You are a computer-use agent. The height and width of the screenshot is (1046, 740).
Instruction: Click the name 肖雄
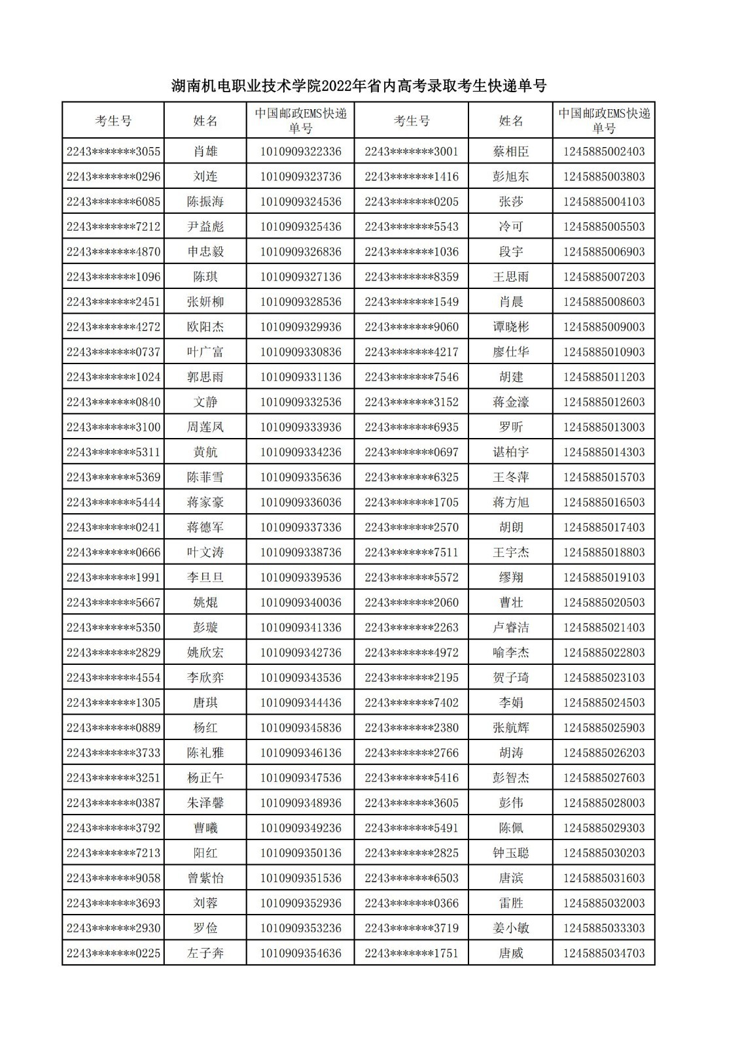click(205, 152)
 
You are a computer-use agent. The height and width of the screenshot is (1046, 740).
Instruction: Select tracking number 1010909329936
click(300, 327)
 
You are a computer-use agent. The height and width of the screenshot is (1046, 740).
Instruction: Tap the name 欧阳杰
click(205, 327)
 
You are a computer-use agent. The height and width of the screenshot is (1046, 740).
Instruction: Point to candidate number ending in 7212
click(113, 227)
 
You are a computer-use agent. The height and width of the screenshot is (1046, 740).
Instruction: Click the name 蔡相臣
click(510, 152)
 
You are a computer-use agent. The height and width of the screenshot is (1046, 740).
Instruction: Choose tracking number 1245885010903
click(603, 352)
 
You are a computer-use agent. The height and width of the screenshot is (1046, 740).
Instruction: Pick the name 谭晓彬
click(510, 327)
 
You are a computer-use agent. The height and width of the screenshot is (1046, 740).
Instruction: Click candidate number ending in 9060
click(412, 327)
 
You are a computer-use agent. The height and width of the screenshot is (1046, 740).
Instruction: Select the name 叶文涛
click(205, 552)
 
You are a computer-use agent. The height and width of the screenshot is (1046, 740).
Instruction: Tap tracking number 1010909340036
click(300, 602)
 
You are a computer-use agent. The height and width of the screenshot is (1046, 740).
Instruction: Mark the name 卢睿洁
click(510, 628)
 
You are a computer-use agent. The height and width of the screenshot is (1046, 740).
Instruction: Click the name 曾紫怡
click(205, 878)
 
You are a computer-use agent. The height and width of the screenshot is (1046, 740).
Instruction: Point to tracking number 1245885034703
click(603, 953)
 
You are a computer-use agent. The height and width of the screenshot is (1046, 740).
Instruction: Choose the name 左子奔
click(205, 953)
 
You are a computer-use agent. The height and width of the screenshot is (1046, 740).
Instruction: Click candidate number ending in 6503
click(412, 878)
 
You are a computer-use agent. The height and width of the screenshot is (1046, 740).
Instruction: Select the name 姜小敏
click(510, 928)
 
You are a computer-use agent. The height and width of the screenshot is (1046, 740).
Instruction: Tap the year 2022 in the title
click(338, 86)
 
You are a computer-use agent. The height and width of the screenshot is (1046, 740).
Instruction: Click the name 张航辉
click(510, 728)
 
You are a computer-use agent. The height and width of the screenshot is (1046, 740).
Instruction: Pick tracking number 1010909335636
click(300, 477)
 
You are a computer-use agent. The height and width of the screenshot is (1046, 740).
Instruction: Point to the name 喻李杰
click(510, 652)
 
